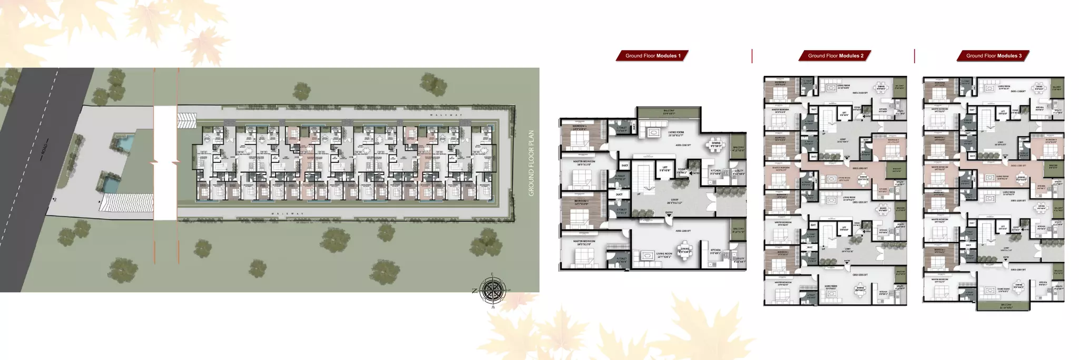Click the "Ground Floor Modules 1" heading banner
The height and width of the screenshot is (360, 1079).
click(652, 55)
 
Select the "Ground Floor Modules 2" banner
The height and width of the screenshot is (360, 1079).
click(835, 55)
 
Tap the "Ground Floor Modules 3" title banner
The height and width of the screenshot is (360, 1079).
click(993, 55)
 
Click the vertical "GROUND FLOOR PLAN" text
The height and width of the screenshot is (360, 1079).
click(531, 163)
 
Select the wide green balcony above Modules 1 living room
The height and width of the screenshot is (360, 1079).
click(669, 112)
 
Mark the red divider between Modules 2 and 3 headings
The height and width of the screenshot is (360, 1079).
click(914, 56)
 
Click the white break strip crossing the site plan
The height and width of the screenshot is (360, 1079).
click(165, 163)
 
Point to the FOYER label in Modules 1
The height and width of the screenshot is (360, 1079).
click(682, 170)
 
